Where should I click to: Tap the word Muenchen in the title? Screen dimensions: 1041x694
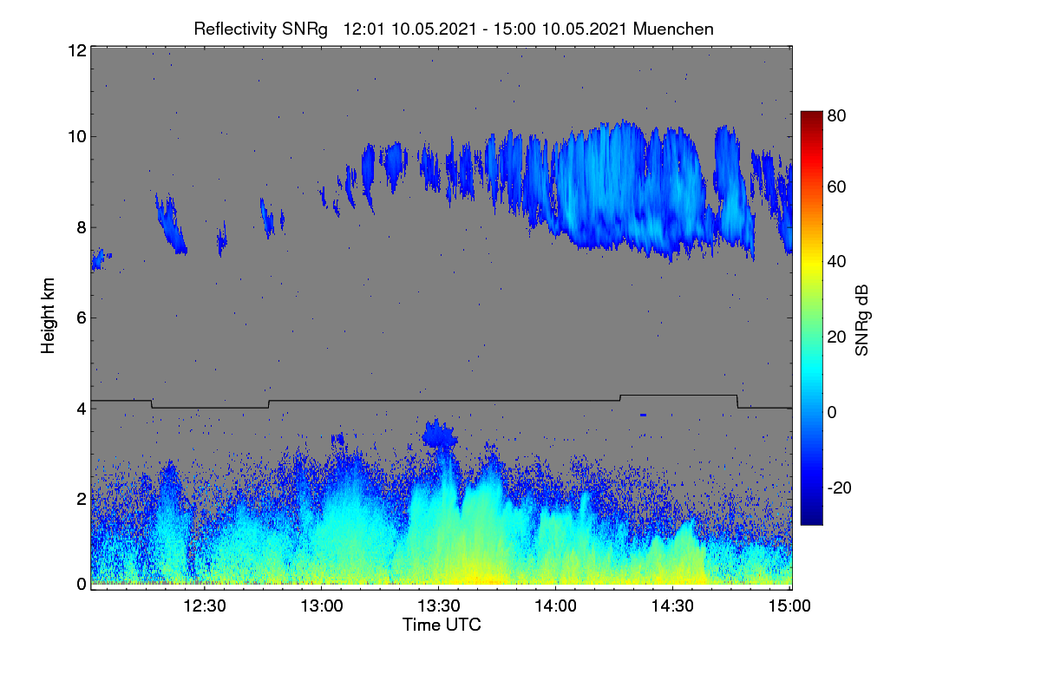pyautogui.click(x=673, y=29)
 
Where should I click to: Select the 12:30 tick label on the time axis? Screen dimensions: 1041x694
pyautogui.click(x=205, y=606)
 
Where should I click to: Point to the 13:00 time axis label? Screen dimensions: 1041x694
pyautogui.click(x=322, y=606)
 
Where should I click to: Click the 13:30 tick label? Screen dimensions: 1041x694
pyautogui.click(x=439, y=606)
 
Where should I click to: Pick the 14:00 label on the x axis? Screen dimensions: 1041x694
pyautogui.click(x=555, y=606)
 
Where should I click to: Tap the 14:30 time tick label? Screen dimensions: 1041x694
pyautogui.click(x=672, y=606)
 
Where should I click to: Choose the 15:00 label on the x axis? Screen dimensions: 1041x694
pyautogui.click(x=789, y=606)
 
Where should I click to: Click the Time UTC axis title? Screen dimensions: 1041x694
pyautogui.click(x=442, y=625)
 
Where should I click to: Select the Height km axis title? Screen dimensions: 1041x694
pyautogui.click(x=48, y=316)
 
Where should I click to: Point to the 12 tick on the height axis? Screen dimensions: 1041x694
pyautogui.click(x=77, y=50)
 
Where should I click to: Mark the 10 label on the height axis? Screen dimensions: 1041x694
pyautogui.click(x=77, y=137)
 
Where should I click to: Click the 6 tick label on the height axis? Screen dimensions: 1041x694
pyautogui.click(x=82, y=318)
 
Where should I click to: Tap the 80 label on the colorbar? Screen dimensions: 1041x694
pyautogui.click(x=836, y=115)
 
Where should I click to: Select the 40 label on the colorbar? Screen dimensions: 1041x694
pyautogui.click(x=836, y=262)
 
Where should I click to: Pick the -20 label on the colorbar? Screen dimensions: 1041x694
pyautogui.click(x=840, y=488)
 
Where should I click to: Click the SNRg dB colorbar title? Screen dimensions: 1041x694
pyautogui.click(x=861, y=320)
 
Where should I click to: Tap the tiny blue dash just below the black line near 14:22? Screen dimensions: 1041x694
pyautogui.click(x=643, y=415)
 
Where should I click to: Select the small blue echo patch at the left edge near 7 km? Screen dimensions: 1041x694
pyautogui.click(x=99, y=259)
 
